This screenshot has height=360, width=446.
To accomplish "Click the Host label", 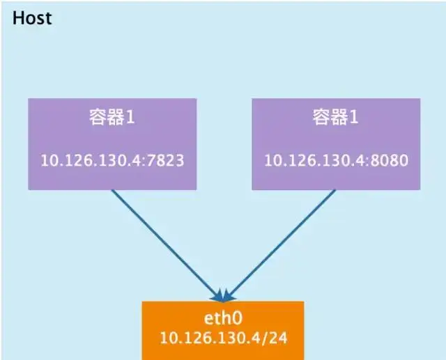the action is [32, 17].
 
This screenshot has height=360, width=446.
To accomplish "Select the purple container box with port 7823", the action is [112, 143].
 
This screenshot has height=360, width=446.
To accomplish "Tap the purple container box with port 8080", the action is [336, 143].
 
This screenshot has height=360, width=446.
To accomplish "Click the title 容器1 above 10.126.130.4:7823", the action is [112, 117].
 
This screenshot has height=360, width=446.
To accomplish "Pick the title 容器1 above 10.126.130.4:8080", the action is [336, 117].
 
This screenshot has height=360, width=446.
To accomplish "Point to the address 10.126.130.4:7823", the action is [112, 160].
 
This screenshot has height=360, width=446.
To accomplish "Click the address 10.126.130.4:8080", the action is [336, 160].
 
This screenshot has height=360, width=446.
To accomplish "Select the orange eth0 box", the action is [223, 329].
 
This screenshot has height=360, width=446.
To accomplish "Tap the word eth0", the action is [223, 320].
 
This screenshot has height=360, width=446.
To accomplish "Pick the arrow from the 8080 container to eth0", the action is [282, 243].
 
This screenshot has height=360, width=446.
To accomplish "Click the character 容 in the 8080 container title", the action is [321, 117].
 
